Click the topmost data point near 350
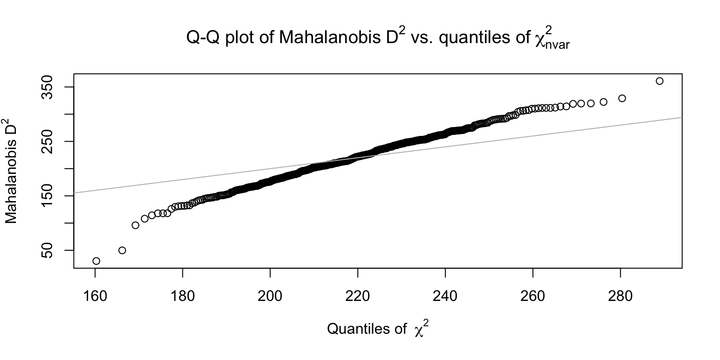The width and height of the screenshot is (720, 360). pos(659,81)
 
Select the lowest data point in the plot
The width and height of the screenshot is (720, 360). pos(96,261)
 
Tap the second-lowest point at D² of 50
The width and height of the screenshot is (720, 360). pos(122,250)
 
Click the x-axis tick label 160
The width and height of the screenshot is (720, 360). pos(95,296)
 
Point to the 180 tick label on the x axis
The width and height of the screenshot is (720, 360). pos(182,296)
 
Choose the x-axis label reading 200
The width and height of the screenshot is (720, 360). pos(270,296)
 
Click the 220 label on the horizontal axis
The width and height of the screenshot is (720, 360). pos(358,296)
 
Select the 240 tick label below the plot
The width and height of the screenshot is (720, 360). pos(445,296)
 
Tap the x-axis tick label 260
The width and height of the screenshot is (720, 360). pos(533,296)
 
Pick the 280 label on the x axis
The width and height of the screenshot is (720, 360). pos(620,296)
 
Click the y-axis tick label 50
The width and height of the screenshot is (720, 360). pos(47,250)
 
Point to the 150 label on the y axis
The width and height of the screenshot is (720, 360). pos(47,196)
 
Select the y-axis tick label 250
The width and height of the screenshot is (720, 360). pos(47,142)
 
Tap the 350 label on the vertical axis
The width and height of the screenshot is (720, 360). pos(47,87)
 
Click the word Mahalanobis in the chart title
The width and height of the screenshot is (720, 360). pos(330,37)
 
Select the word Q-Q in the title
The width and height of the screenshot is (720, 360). pos(203,37)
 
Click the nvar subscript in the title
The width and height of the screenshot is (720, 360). pos(557,45)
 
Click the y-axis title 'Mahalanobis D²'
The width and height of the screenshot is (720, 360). pos(11,171)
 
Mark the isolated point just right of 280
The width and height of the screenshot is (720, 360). pos(622,98)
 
